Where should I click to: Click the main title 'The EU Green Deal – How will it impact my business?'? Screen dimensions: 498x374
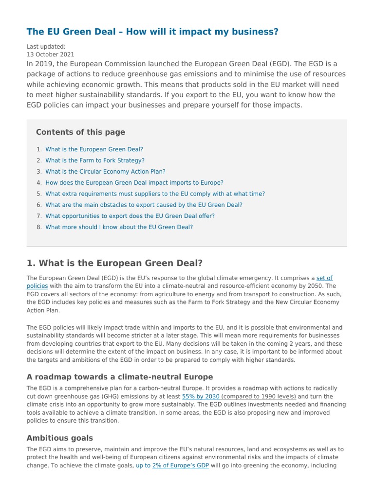point(152,32)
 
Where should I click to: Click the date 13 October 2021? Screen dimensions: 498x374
point(50,54)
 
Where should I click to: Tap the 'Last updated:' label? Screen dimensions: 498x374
point(45,47)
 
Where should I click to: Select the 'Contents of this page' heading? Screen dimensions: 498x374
point(80,132)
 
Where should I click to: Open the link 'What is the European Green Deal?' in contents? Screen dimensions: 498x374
point(94,149)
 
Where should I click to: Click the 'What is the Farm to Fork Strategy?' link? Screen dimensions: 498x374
point(94,160)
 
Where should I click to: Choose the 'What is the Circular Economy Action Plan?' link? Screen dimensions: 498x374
point(105,172)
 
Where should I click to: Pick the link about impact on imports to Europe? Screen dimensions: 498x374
point(134,183)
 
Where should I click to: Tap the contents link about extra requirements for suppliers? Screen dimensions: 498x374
point(155,194)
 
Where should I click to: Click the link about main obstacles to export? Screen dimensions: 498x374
point(144,205)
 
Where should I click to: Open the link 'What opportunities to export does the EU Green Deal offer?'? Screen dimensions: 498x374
point(130,216)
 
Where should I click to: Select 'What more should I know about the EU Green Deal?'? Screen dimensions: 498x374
point(119,227)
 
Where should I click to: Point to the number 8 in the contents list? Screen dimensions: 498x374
point(38,227)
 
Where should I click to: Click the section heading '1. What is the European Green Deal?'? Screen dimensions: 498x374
point(114,263)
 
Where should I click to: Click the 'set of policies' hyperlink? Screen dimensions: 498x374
point(324,278)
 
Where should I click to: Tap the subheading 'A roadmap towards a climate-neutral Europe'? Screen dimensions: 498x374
point(120,377)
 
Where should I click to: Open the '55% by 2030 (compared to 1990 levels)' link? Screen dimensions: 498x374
point(239,397)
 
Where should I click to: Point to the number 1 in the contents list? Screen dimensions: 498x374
point(38,149)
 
